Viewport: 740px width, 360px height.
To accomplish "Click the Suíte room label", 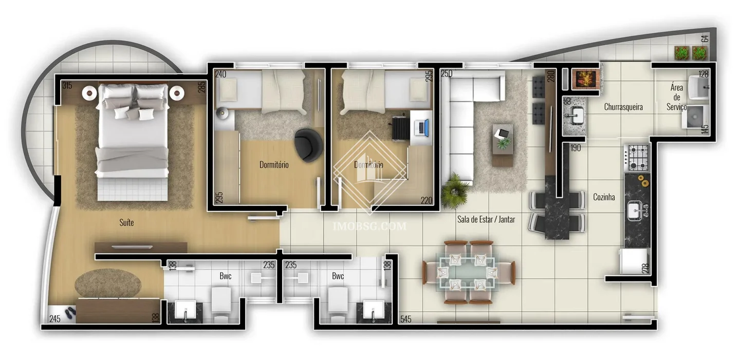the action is [x=126, y=222].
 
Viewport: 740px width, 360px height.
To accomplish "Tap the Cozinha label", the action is [x=604, y=197].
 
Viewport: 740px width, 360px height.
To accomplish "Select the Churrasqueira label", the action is [x=623, y=107].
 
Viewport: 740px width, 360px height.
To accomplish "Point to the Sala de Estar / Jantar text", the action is [x=486, y=219].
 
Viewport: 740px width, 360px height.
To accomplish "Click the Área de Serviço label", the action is [x=677, y=97].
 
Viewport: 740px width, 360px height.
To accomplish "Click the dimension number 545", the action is [x=406, y=319].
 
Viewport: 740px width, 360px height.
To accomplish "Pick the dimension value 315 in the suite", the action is [x=67, y=86].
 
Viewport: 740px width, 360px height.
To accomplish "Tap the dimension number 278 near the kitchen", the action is [x=645, y=268].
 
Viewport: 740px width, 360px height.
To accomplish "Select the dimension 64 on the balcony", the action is [x=705, y=39].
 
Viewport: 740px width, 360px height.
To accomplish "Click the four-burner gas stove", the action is [x=637, y=158].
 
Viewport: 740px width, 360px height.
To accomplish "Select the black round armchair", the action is [x=308, y=145].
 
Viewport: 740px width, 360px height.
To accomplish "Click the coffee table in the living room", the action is [x=503, y=145].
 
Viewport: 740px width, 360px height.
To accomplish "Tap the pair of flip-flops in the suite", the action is [x=70, y=313].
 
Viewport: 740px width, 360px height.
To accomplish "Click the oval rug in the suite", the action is [x=108, y=283].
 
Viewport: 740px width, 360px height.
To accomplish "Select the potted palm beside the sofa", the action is [x=455, y=191].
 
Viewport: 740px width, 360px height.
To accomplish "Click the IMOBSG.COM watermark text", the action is [x=369, y=226].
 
